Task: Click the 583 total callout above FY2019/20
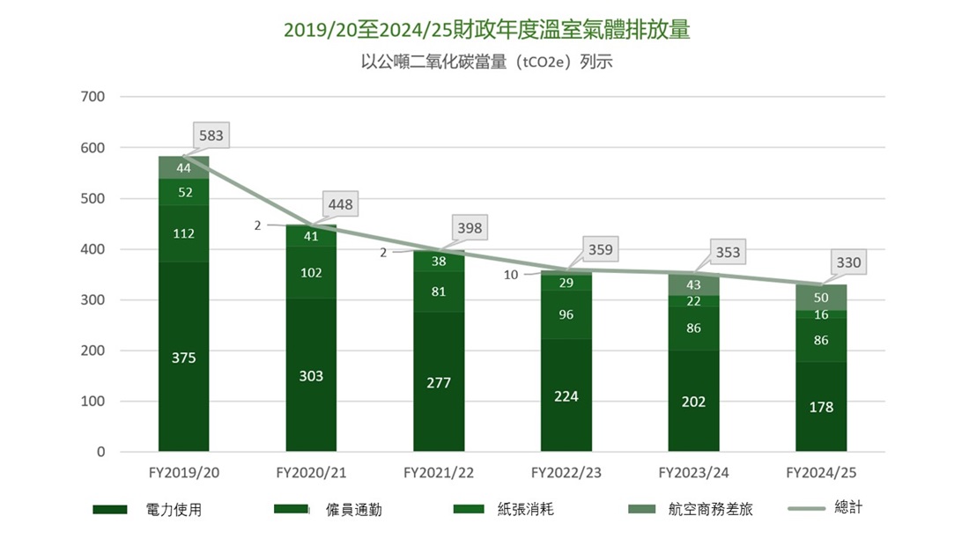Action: [211, 136]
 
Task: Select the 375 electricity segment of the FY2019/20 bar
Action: [184, 358]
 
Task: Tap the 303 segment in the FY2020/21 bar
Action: [311, 376]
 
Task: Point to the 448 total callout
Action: [340, 204]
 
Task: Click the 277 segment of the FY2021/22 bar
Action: [439, 382]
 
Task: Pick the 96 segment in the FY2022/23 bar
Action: [566, 314]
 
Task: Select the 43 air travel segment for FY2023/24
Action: [693, 284]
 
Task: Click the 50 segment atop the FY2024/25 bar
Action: [821, 298]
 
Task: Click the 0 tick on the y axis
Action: [100, 452]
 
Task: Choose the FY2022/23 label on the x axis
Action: [566, 473]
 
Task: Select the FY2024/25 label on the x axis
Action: [821, 473]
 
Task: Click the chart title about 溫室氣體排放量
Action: [486, 30]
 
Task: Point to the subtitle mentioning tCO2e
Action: [486, 62]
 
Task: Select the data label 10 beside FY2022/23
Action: [511, 275]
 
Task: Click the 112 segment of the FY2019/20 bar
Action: [184, 233]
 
